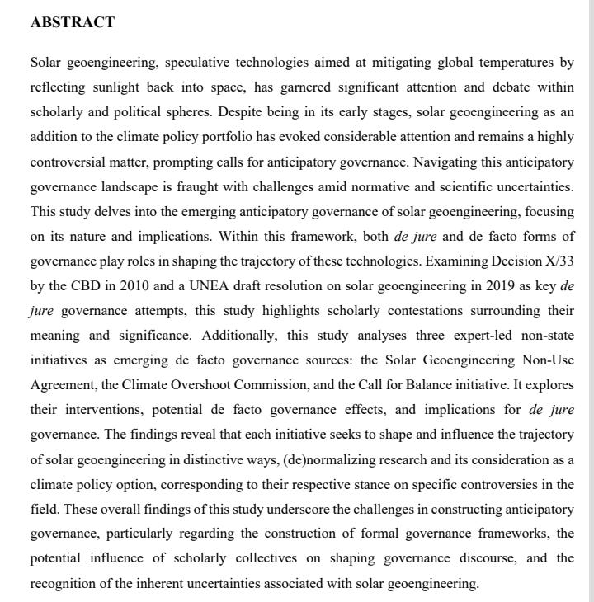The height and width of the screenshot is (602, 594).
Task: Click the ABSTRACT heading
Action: tap(72, 23)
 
